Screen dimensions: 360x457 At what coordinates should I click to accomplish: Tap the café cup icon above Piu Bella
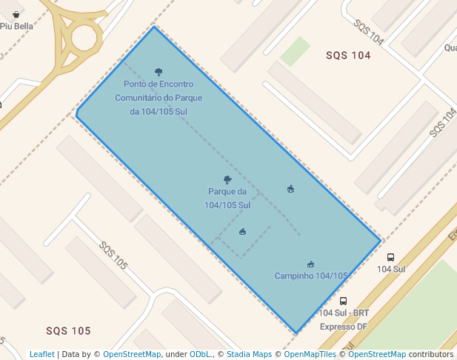pyautogui.click(x=16, y=14)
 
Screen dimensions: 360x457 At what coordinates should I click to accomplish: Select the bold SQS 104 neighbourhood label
pyautogui.click(x=348, y=56)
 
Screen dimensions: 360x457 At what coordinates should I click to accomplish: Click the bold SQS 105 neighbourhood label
pyautogui.click(x=68, y=330)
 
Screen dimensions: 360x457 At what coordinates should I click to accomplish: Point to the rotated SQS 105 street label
pyautogui.click(x=113, y=255)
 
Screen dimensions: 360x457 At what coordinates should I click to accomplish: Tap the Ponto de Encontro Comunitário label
pyautogui.click(x=159, y=98)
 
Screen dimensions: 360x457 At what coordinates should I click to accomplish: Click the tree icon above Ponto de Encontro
pyautogui.click(x=159, y=72)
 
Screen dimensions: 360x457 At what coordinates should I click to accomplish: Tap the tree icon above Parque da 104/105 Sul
pyautogui.click(x=227, y=179)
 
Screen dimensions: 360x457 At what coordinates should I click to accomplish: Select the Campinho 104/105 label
pyautogui.click(x=311, y=276)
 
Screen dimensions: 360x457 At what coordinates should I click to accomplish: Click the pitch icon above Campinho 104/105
pyautogui.click(x=310, y=264)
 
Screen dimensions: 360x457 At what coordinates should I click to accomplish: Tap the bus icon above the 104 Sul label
pyautogui.click(x=390, y=258)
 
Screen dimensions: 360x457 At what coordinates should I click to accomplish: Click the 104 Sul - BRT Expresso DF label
pyautogui.click(x=344, y=319)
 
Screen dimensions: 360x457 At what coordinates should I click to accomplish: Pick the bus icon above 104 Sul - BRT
pyautogui.click(x=343, y=301)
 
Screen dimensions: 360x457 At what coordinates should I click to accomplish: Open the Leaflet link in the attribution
pyautogui.click(x=41, y=354)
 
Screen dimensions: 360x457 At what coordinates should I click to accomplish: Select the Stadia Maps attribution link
pyautogui.click(x=249, y=354)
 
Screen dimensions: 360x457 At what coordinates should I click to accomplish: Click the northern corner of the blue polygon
pyautogui.click(x=154, y=27)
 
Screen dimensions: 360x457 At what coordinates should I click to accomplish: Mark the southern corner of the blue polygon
pyautogui.click(x=296, y=333)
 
